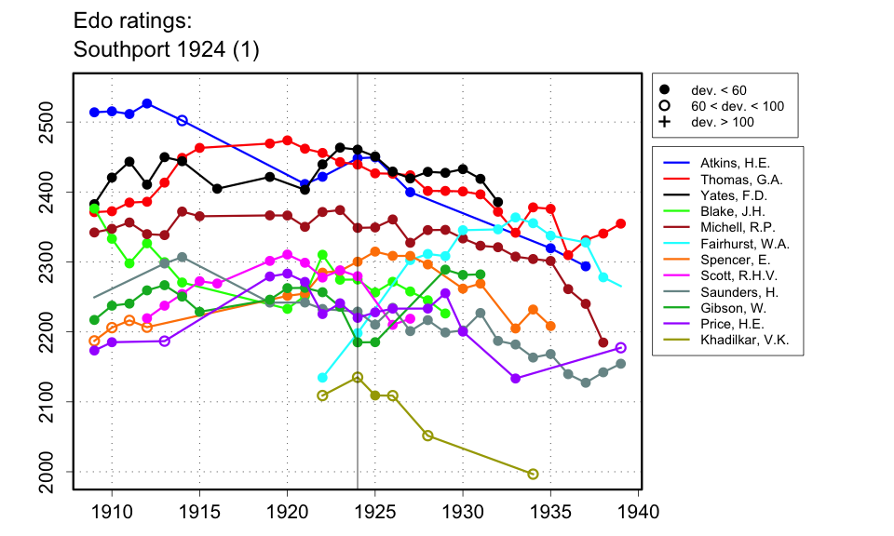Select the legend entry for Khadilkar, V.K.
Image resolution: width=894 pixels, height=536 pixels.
[736, 352]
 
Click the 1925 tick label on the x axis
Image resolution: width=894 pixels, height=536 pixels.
[375, 511]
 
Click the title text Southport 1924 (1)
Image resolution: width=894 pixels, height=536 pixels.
[165, 51]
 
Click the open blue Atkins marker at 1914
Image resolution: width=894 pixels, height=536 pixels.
[183, 120]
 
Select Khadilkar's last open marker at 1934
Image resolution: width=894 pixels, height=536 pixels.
[533, 474]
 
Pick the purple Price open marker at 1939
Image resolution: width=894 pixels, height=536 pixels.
[621, 347]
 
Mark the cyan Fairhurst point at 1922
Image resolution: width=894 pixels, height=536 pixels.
[322, 377]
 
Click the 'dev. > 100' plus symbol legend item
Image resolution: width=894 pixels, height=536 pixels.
[665, 122]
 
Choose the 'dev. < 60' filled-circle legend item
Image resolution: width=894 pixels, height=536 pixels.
[665, 89]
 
